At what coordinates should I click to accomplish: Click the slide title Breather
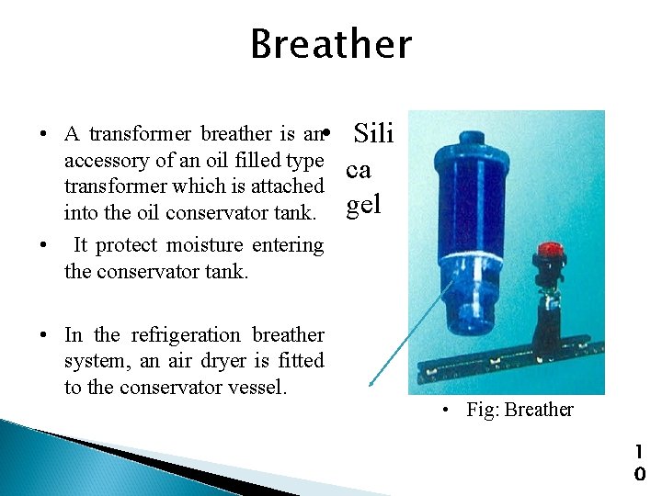(x=331, y=44)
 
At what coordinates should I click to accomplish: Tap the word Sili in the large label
(x=373, y=135)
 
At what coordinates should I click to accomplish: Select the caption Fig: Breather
(x=519, y=410)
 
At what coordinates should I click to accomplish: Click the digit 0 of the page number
(x=640, y=475)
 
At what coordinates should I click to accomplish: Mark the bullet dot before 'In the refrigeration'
(x=44, y=336)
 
